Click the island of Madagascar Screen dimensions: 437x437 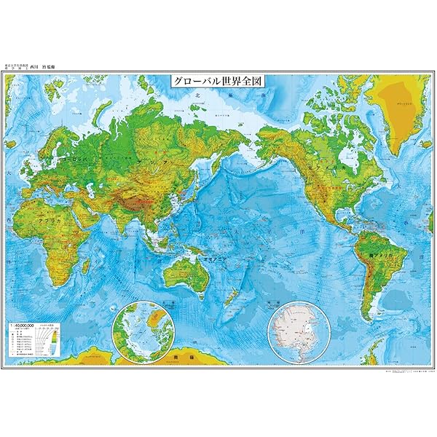click(85, 264)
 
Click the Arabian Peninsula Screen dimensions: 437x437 click(82, 211)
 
